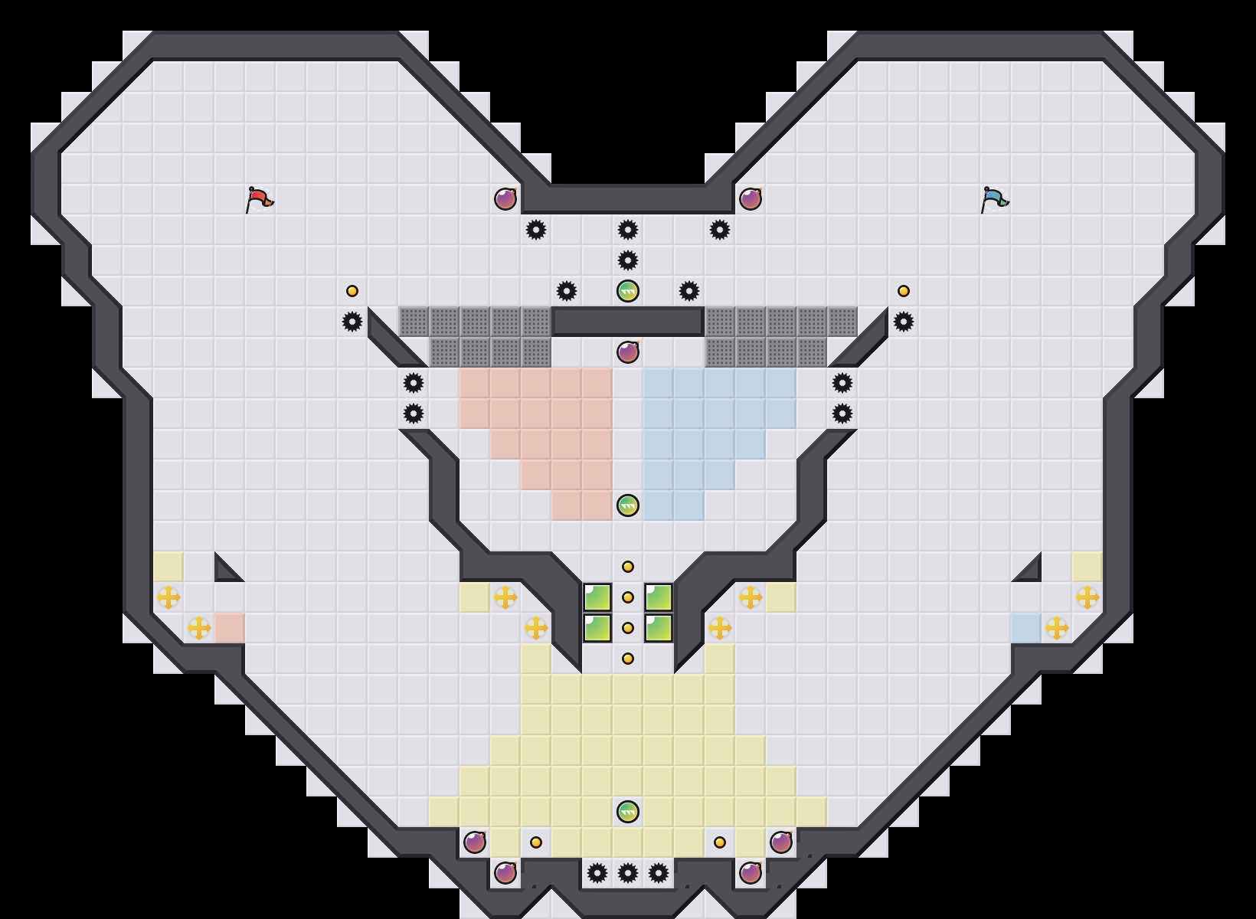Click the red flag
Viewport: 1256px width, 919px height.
point(259,199)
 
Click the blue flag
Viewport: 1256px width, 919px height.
point(994,199)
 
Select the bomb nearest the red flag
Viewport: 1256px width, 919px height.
point(505,199)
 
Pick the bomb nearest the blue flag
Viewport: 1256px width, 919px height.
point(751,199)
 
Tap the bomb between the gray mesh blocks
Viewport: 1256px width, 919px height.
point(628,352)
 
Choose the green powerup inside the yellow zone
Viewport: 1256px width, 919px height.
point(628,812)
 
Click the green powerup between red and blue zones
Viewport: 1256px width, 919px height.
point(628,505)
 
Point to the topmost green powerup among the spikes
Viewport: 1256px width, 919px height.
point(628,291)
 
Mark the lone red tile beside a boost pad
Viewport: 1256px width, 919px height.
point(230,628)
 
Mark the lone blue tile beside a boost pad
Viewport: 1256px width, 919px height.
point(1026,628)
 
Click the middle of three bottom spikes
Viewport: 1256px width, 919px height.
point(628,873)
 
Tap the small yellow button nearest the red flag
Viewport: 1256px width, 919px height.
point(352,291)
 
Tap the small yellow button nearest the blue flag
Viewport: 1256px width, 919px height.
point(904,291)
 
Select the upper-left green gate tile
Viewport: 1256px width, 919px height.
point(597,597)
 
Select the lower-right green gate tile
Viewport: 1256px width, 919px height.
point(659,628)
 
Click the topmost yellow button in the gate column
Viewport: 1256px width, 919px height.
point(628,567)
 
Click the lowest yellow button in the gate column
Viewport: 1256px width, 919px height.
point(628,659)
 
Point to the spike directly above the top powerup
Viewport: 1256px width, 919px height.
point(628,260)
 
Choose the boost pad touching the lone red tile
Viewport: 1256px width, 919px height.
point(199,628)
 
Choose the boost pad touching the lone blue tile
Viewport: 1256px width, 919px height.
point(1057,628)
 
